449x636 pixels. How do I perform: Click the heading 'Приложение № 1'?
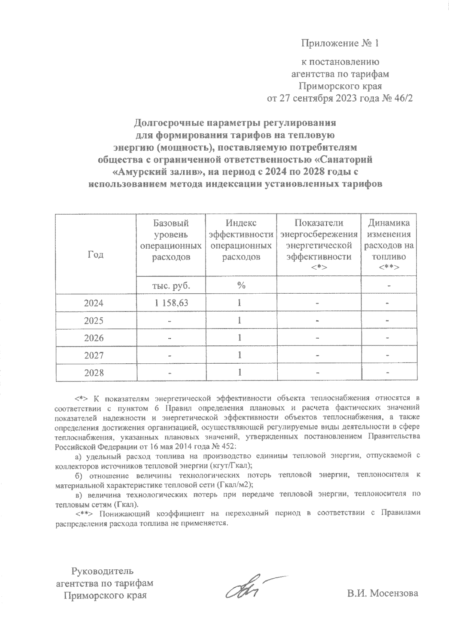coord(340,43)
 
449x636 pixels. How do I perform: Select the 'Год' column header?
coord(96,255)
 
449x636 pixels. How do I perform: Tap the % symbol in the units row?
coord(241,285)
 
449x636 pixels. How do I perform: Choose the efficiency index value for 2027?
coord(239,355)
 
